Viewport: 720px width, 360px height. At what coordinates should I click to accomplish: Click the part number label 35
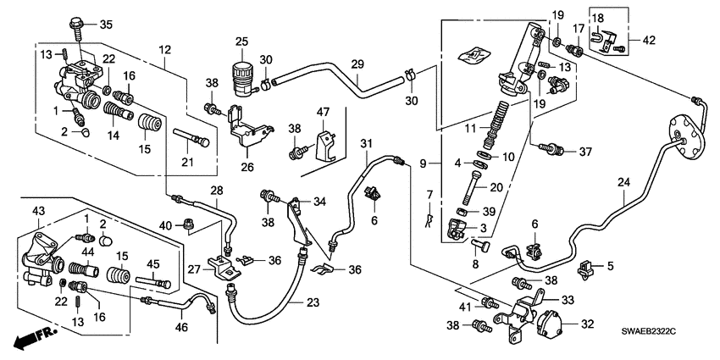click(x=106, y=23)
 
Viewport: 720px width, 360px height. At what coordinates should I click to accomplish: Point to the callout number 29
click(x=357, y=64)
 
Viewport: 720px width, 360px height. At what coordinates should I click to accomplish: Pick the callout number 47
click(x=323, y=113)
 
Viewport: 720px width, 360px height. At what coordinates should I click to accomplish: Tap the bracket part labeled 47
click(x=325, y=145)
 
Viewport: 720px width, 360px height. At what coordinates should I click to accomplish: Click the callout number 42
click(x=648, y=38)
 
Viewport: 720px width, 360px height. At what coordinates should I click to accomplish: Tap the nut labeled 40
click(x=188, y=224)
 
